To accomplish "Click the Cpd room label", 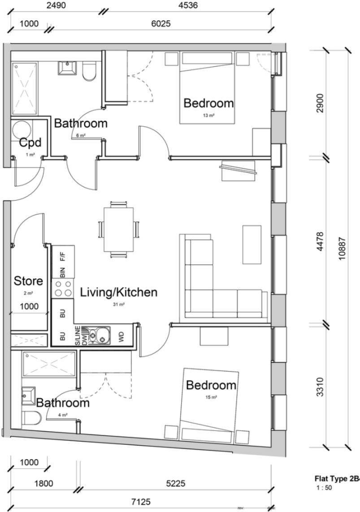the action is tap(30, 143).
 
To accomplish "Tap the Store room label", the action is tap(28, 281).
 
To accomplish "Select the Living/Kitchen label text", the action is tap(119, 293).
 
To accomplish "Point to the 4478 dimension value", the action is tap(320, 242).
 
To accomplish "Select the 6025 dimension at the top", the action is tap(160, 24).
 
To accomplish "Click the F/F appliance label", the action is tap(63, 257).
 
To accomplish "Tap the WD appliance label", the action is tap(121, 336).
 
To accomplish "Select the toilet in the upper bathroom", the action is tap(90, 71).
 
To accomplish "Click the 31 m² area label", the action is tap(119, 304).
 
